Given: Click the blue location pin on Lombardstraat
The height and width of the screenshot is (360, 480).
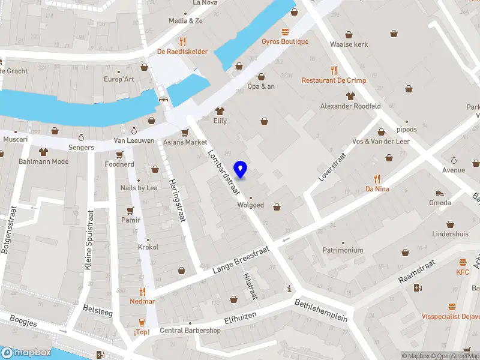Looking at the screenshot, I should (241, 169).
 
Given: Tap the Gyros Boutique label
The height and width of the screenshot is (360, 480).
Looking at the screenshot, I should (285, 42).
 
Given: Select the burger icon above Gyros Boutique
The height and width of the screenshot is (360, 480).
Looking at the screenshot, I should (285, 31).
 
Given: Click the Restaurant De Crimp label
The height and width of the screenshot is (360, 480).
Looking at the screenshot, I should (334, 80).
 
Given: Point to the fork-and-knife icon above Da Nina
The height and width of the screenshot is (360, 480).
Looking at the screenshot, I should (377, 178).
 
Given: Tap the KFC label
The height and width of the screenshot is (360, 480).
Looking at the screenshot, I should (463, 272).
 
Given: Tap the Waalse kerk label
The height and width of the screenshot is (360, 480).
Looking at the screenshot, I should (349, 44).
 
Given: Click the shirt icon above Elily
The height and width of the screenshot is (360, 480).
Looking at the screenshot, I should (220, 110).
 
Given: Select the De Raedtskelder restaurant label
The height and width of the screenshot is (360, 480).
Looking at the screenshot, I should (182, 52).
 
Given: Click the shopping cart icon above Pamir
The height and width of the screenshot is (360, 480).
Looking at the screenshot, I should (130, 211).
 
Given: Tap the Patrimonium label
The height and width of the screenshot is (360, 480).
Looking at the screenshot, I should (343, 250).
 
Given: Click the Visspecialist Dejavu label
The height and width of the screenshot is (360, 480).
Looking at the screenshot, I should (449, 316).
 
